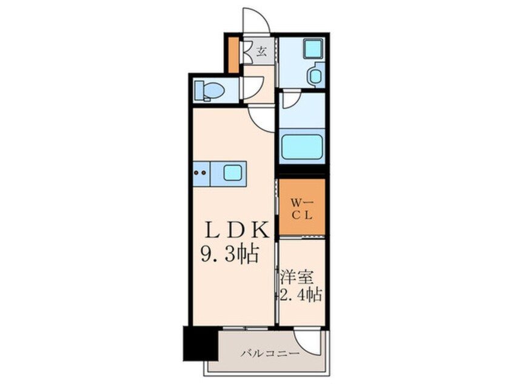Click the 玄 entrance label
click(x=261, y=51)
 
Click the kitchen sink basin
click(x=233, y=173)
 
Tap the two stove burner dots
click(x=200, y=173)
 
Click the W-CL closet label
click(x=302, y=207)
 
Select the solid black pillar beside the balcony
click(x=200, y=343)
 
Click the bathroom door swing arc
click(x=290, y=101)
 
